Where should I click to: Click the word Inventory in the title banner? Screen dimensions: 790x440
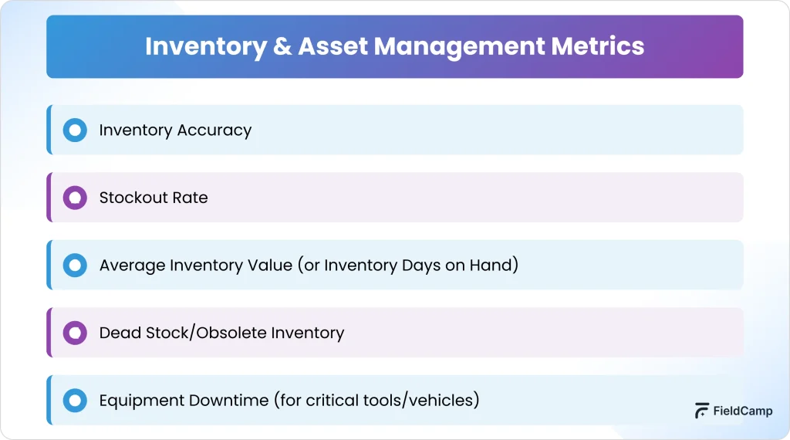point(205,47)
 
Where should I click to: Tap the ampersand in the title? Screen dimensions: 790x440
point(282,46)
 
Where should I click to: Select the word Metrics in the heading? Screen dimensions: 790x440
point(598,46)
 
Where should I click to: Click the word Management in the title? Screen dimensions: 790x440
point(459,47)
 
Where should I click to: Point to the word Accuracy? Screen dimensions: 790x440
point(214,130)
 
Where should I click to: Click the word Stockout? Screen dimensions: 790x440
point(133,198)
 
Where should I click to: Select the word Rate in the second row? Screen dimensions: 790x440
point(190,198)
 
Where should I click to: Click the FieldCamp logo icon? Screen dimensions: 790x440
point(701,411)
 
